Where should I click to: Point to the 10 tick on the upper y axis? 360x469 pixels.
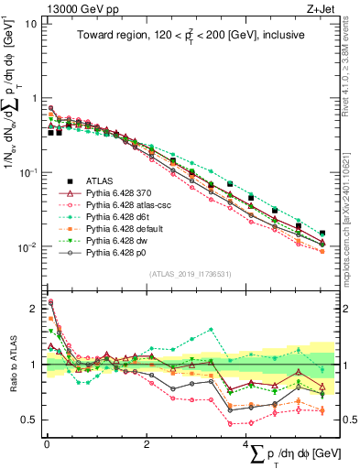click(30, 24)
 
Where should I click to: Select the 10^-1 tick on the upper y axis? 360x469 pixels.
click(27, 172)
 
